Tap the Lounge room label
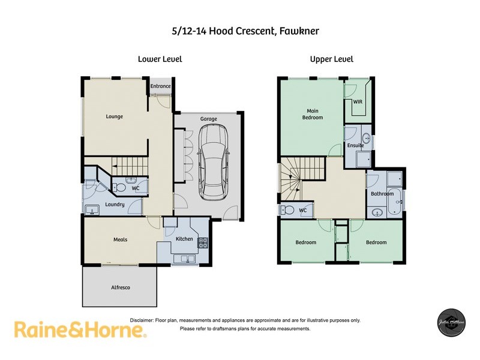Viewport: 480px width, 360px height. pyautogui.click(x=114, y=116)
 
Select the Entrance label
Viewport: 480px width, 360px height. pyautogui.click(x=160, y=86)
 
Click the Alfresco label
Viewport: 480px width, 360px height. pyautogui.click(x=120, y=287)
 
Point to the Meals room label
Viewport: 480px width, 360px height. pyautogui.click(x=121, y=239)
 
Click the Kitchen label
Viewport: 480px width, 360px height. pyautogui.click(x=184, y=239)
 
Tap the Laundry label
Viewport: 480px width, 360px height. pyautogui.click(x=114, y=205)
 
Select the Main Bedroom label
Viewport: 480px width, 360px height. pyautogui.click(x=312, y=114)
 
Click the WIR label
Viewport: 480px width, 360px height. pyautogui.click(x=358, y=102)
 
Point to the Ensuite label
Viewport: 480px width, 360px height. pyautogui.click(x=355, y=145)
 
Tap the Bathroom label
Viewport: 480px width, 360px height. pyautogui.click(x=382, y=194)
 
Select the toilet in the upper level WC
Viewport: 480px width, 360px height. pyautogui.click(x=288, y=210)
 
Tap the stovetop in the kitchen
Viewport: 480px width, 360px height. pyautogui.click(x=203, y=242)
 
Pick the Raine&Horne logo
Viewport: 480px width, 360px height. pyautogui.click(x=79, y=329)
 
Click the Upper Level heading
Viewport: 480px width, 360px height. pyautogui.click(x=331, y=59)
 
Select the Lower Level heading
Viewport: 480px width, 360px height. pyautogui.click(x=160, y=59)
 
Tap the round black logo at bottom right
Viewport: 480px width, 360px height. pyautogui.click(x=450, y=325)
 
